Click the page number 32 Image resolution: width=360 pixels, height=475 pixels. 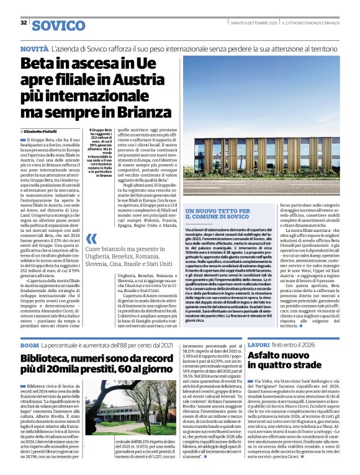coord(24,23)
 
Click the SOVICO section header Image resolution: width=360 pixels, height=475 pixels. coord(58,25)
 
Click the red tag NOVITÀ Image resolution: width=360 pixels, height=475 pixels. coord(34,48)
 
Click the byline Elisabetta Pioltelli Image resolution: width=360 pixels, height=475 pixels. coord(44,132)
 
